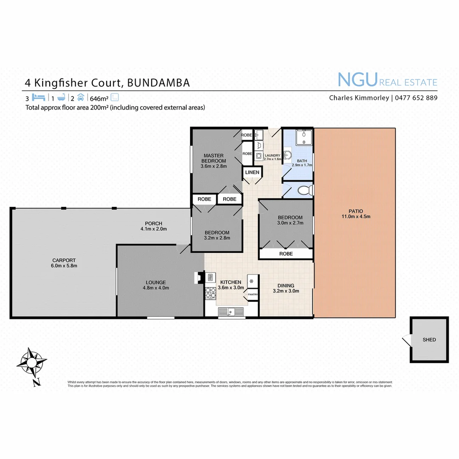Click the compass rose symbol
click(x=31, y=362)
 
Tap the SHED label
click(x=429, y=340)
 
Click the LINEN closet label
click(x=252, y=172)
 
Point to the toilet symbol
click(x=305, y=190)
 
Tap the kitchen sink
click(x=231, y=312)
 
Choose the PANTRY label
click(x=253, y=294)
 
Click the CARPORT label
click(x=64, y=260)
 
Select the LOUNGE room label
click(x=156, y=282)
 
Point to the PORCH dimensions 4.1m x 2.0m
click(x=153, y=229)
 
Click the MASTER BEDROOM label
click(x=214, y=158)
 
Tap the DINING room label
click(x=286, y=286)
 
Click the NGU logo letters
click(x=357, y=79)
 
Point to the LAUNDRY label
click(x=272, y=156)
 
